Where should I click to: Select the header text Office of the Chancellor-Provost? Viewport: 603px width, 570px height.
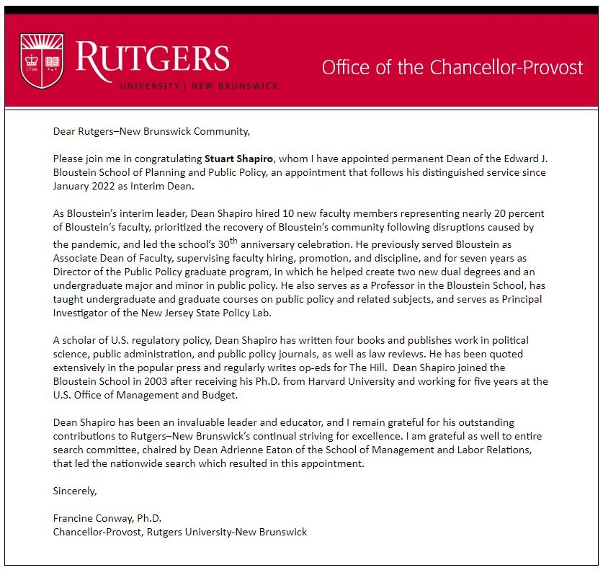coord(452,68)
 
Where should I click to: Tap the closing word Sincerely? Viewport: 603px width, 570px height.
coord(74,491)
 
